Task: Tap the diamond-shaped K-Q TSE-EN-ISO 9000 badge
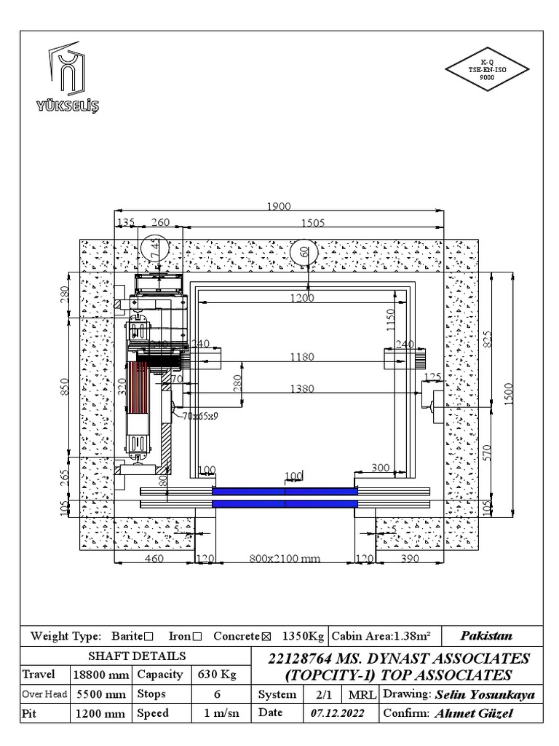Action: tap(486, 70)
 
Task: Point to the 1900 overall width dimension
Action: tap(278, 207)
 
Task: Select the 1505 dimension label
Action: tap(312, 224)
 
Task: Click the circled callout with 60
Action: tap(304, 252)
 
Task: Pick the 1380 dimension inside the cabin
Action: tap(301, 389)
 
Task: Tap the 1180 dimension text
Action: tap(301, 357)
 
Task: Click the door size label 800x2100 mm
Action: tap(285, 559)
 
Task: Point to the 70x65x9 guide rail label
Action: tap(201, 417)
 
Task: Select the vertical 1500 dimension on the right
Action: tap(510, 393)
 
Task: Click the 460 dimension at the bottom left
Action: tap(154, 559)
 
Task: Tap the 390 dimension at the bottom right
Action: tap(411, 559)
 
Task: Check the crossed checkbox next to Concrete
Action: tap(266, 637)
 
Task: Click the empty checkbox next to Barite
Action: tap(148, 637)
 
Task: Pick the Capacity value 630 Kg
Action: tap(217, 675)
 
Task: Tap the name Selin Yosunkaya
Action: tap(485, 695)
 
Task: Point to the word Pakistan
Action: tap(486, 635)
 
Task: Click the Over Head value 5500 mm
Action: tap(100, 694)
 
